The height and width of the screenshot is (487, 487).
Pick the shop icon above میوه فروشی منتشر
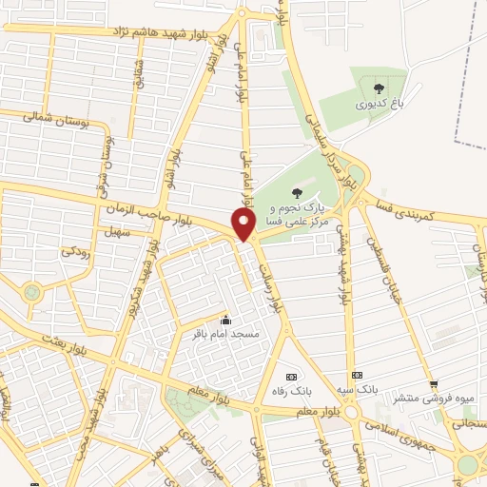click(434, 384)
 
